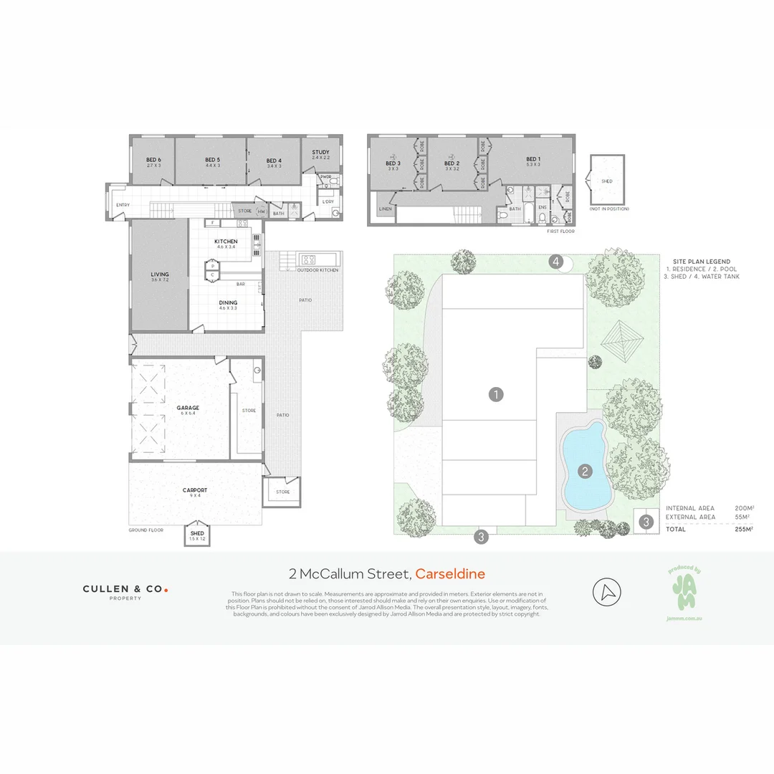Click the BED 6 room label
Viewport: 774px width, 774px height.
(x=153, y=160)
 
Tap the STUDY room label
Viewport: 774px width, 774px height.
(x=320, y=152)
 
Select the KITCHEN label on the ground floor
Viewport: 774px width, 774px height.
(x=226, y=242)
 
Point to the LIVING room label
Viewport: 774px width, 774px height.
(x=159, y=274)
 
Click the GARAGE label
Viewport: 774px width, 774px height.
(x=188, y=408)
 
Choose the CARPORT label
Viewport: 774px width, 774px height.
(x=195, y=490)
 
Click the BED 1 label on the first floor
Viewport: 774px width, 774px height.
(x=532, y=159)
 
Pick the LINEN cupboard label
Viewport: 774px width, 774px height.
(x=386, y=209)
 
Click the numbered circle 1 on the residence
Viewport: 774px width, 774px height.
(x=495, y=393)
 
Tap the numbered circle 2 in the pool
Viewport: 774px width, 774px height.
(x=585, y=471)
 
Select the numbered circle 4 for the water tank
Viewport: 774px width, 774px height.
(x=556, y=262)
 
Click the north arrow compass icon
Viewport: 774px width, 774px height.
(x=607, y=592)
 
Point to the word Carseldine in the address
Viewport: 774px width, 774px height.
(x=450, y=573)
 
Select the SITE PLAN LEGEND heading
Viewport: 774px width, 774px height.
(x=702, y=262)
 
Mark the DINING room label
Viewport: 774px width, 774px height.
(x=228, y=302)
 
